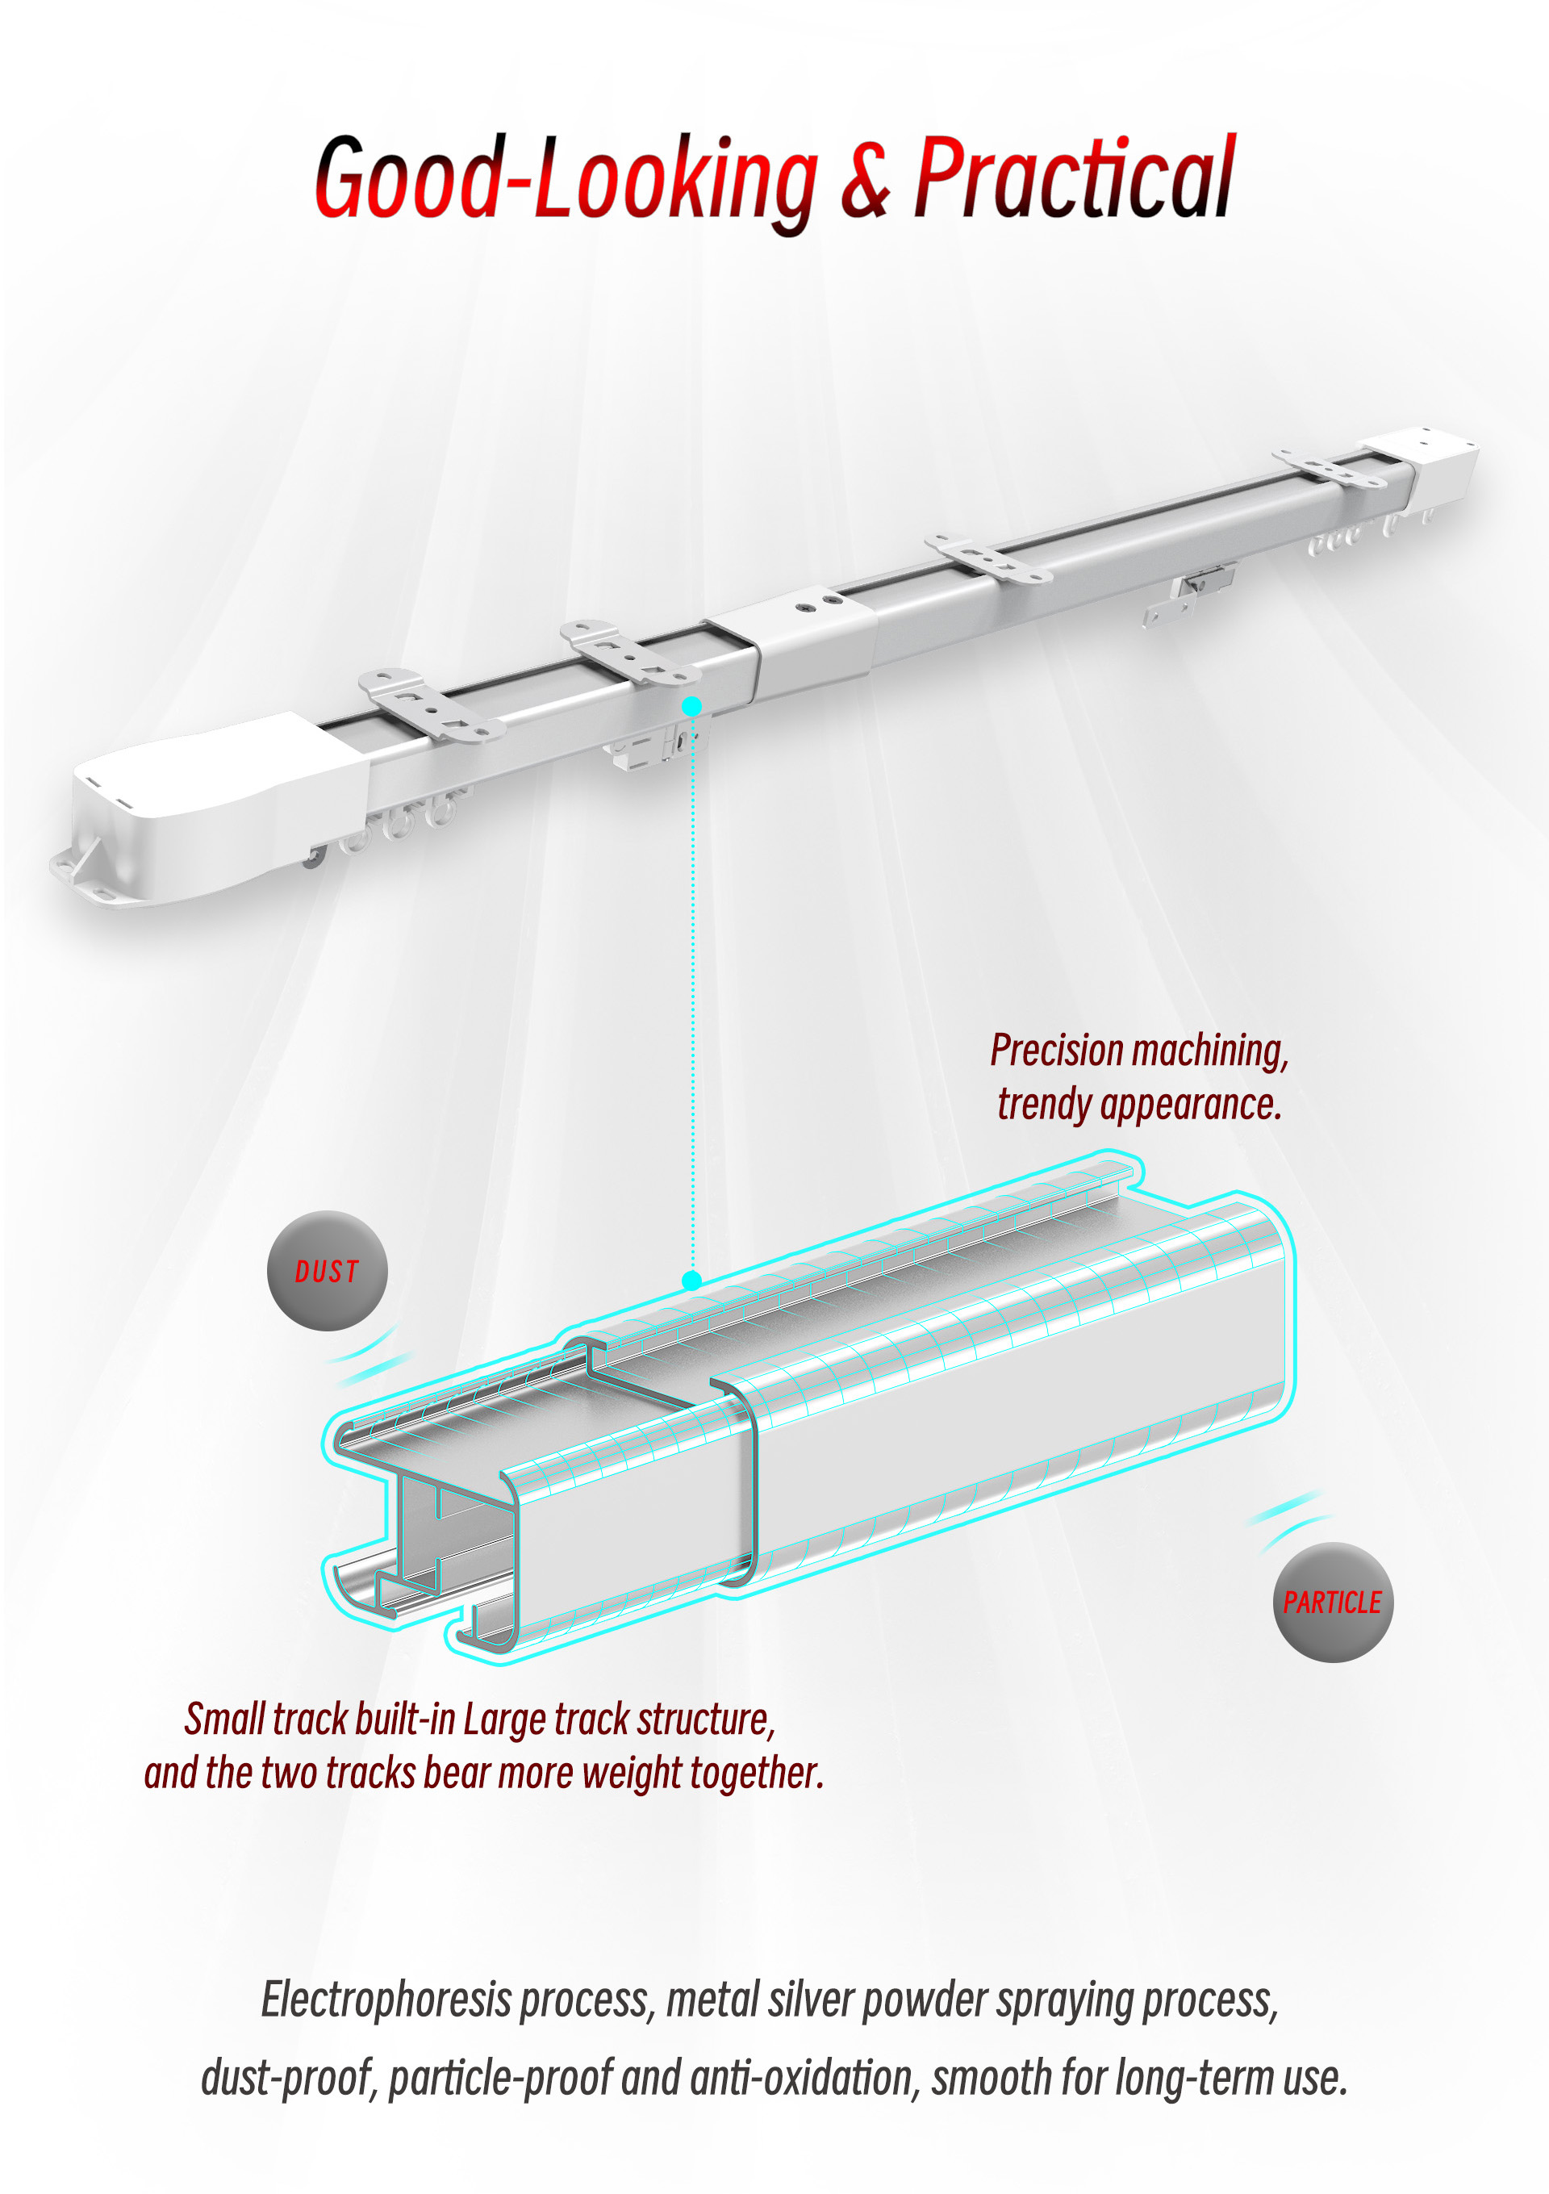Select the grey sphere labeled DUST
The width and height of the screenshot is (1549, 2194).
pyautogui.click(x=327, y=1270)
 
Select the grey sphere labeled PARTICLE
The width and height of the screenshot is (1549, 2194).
pyautogui.click(x=1332, y=1602)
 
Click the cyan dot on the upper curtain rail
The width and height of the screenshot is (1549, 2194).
pyautogui.click(x=692, y=706)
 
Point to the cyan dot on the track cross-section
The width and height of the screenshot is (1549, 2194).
pyautogui.click(x=692, y=1281)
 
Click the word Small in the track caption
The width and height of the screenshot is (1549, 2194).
pyautogui.click(x=224, y=1720)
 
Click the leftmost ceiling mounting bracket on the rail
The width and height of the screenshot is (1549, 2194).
pyautogui.click(x=430, y=705)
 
